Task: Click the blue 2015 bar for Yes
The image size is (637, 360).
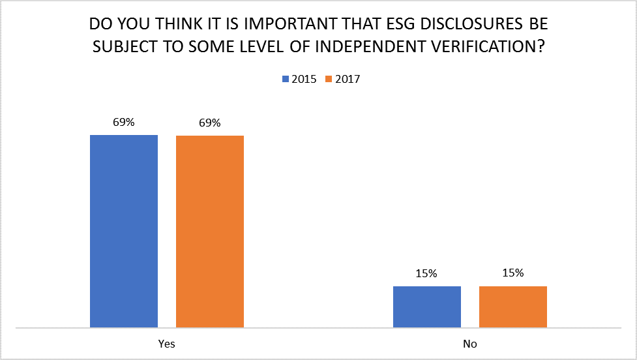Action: pyautogui.click(x=124, y=231)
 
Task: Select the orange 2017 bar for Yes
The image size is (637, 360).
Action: pyautogui.click(x=210, y=231)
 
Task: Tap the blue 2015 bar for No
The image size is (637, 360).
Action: pyautogui.click(x=427, y=307)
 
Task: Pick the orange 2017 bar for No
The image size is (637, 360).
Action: pyautogui.click(x=513, y=307)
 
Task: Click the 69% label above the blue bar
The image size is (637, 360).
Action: pyautogui.click(x=123, y=122)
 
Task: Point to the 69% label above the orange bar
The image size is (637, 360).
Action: pyautogui.click(x=210, y=123)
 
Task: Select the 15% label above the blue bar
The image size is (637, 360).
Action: pyautogui.click(x=427, y=274)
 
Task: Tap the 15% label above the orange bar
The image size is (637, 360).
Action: pyautogui.click(x=513, y=273)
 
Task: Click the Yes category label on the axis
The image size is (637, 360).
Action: pyautogui.click(x=166, y=344)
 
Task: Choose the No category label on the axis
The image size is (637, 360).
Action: pyautogui.click(x=470, y=344)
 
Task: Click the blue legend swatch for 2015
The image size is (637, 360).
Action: pyautogui.click(x=285, y=80)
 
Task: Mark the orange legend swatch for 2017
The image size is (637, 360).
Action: pyautogui.click(x=329, y=80)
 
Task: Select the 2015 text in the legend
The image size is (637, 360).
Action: pyautogui.click(x=304, y=80)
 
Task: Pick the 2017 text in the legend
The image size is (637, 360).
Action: pyautogui.click(x=348, y=80)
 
